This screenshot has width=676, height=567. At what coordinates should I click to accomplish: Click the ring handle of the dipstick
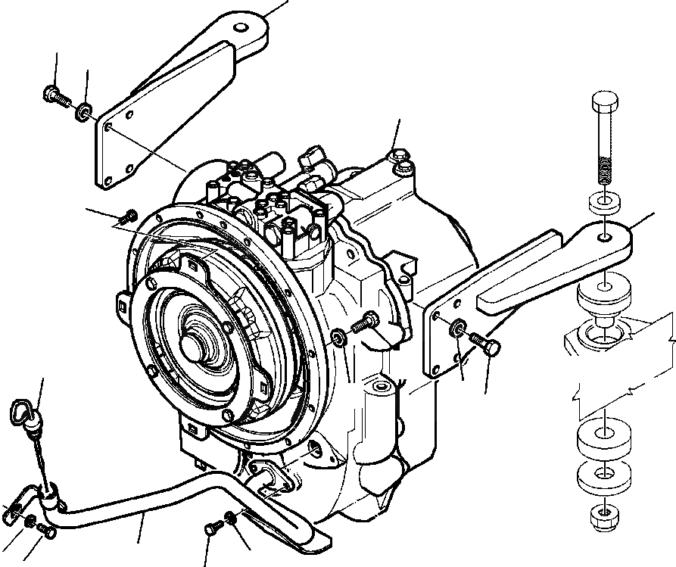pos(23,413)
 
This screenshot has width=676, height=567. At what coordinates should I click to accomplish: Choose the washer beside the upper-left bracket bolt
pos(83,113)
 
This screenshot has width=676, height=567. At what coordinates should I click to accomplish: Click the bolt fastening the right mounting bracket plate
pos(485,346)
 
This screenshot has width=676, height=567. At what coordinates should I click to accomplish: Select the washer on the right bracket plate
pos(458,329)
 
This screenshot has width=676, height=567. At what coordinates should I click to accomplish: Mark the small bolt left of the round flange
pos(128,217)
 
